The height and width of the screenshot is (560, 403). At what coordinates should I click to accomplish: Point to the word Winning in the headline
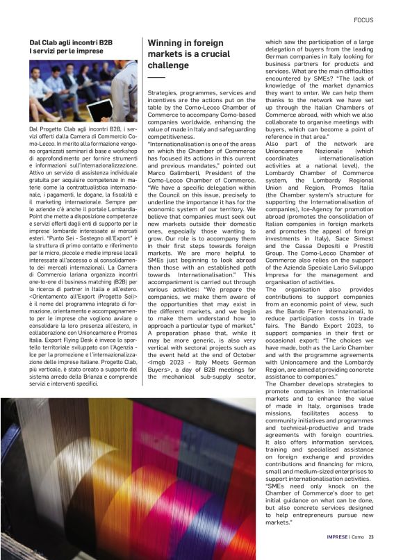coord(167,42)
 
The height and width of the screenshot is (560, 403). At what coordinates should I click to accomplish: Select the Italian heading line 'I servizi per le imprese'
coord(67,51)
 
